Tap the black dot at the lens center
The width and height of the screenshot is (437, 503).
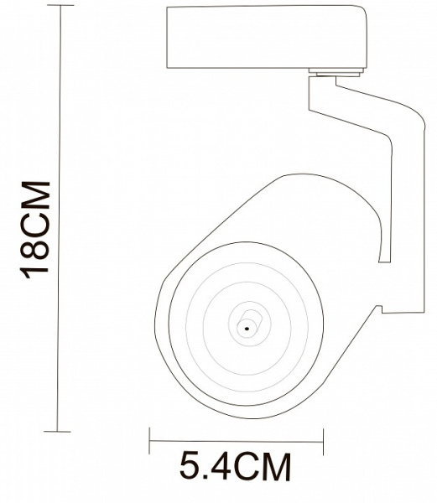point(247,328)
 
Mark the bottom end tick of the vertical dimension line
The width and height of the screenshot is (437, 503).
point(58,431)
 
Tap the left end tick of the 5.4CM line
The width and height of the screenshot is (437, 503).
point(149,437)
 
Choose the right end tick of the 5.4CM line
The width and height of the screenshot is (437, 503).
point(322,437)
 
